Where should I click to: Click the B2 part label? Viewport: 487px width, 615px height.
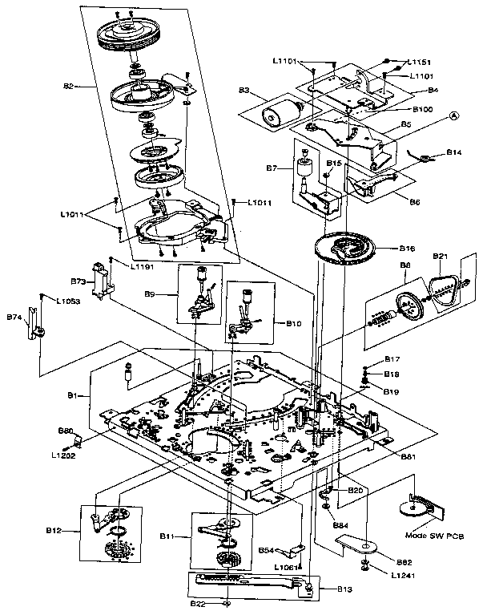68,86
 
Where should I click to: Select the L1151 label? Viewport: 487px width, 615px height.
417,61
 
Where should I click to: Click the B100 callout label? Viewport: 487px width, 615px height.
423,108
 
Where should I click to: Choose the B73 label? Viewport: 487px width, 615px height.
78,282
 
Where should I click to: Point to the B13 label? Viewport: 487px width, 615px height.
344,589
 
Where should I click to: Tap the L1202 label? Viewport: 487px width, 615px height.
62,456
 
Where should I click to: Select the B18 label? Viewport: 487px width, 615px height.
392,374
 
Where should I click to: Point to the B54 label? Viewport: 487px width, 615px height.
267,550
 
